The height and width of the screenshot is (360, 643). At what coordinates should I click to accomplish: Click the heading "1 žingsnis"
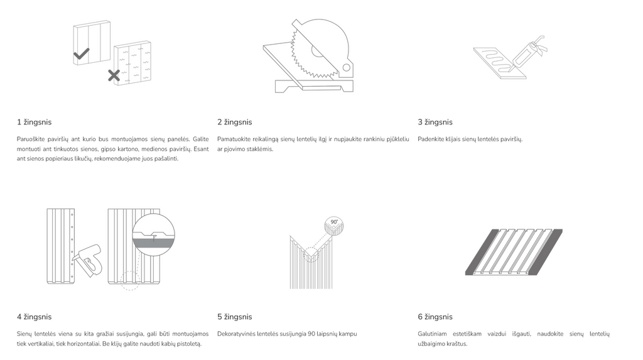point(34,122)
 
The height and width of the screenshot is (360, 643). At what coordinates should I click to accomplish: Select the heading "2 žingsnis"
point(235,122)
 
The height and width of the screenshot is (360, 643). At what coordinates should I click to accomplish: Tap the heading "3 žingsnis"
point(435,122)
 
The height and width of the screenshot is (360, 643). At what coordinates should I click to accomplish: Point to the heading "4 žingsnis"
point(34,317)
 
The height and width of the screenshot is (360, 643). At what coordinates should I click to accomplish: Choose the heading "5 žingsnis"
point(235,317)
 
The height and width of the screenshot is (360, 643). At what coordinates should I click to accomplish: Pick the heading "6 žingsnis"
point(435,317)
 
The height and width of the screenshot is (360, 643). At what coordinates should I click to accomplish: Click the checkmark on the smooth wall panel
point(81,54)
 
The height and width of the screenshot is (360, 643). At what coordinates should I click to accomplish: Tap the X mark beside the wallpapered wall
point(114,75)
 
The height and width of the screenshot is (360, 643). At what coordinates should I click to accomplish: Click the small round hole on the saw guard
point(346,67)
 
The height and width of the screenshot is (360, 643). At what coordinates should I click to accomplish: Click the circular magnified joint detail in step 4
point(154,235)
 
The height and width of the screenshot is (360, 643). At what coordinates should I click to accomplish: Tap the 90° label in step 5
point(334,222)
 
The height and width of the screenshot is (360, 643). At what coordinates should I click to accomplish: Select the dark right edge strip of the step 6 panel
point(549,252)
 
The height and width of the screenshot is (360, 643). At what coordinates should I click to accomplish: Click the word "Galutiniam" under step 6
point(432,334)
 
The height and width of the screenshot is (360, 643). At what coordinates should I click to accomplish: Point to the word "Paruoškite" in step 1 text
point(31,139)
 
